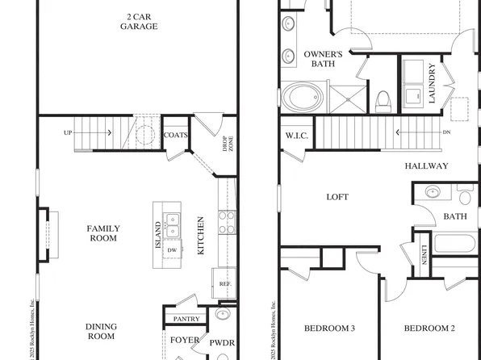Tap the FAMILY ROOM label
click(x=103, y=233)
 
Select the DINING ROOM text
click(x=102, y=331)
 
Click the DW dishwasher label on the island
click(x=171, y=250)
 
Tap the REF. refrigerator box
click(x=225, y=283)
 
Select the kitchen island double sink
click(x=172, y=224)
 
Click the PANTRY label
click(x=186, y=319)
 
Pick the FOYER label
click(x=183, y=341)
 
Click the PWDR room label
click(x=222, y=343)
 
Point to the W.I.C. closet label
click(x=296, y=136)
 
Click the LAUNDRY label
click(x=432, y=83)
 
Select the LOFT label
click(x=337, y=196)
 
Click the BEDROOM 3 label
click(x=329, y=328)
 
